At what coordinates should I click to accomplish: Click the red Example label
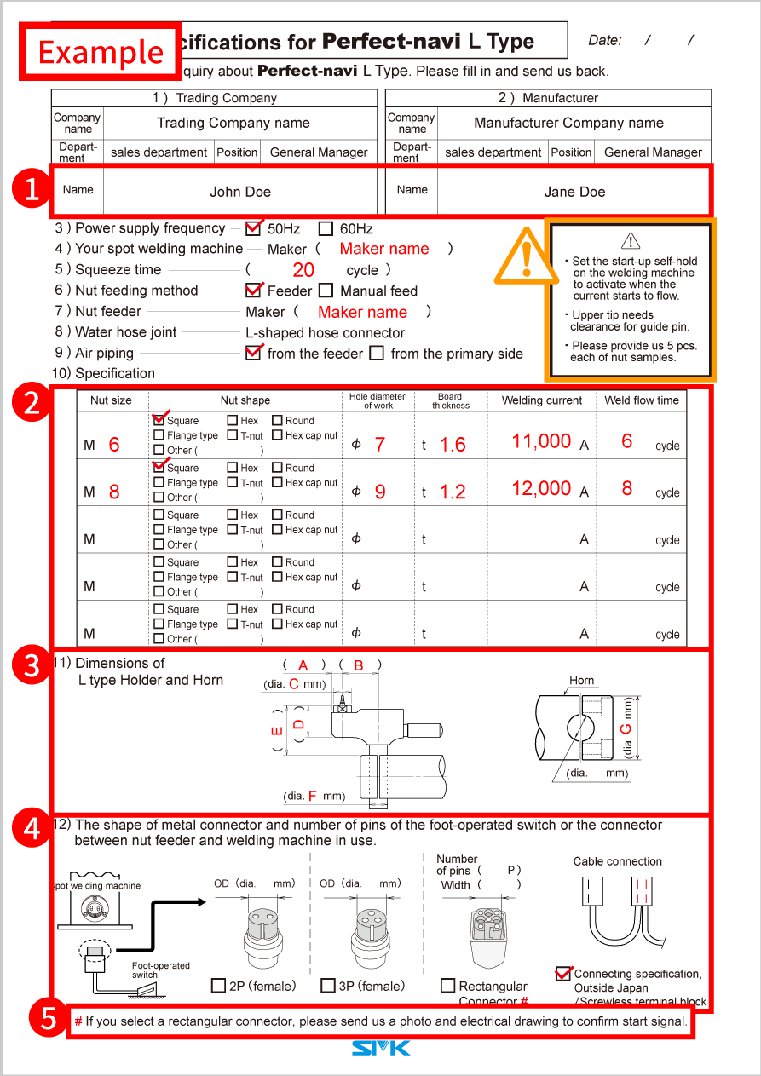tap(101, 52)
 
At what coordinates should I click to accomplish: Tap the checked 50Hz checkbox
tap(253, 228)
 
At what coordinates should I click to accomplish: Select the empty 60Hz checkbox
tap(326, 228)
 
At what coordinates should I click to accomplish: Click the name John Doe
tap(240, 192)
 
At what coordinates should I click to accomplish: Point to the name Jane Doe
tap(574, 192)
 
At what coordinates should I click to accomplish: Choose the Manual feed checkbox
tap(326, 291)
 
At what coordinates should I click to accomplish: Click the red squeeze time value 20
tap(303, 270)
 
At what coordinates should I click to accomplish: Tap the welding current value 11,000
tap(541, 440)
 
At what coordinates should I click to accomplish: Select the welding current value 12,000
tap(541, 488)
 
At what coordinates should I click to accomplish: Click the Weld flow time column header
tap(642, 400)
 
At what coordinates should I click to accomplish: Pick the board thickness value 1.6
tap(453, 445)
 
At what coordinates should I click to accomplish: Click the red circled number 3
tap(32, 665)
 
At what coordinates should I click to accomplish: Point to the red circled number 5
tap(47, 1019)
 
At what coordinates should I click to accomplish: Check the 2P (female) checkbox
tap(218, 986)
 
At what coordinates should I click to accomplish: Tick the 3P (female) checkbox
tap(328, 986)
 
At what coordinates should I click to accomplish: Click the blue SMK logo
tap(381, 1048)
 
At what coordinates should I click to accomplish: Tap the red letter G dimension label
tap(626, 729)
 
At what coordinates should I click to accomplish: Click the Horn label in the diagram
tap(582, 681)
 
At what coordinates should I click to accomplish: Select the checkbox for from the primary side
tap(377, 353)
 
